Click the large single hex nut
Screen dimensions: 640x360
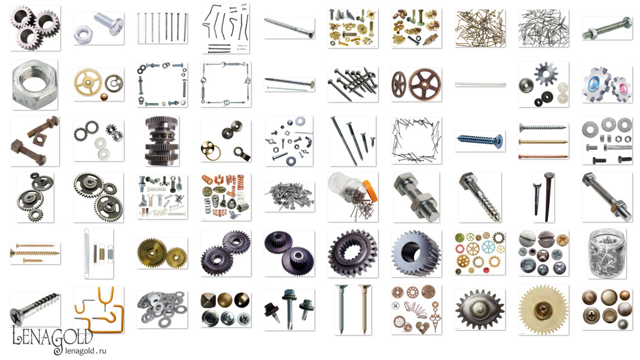pos(35,85)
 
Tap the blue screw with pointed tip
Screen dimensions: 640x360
pos(480,140)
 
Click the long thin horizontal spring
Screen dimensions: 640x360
pos(481,85)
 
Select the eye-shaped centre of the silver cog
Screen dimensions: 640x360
pos(480,309)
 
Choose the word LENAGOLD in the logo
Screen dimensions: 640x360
pos(52,338)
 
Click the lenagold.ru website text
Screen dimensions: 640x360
pos(85,351)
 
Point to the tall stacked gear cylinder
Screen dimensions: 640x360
pos(162,141)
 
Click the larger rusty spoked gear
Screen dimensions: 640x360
pos(425,85)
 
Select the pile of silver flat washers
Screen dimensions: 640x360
pos(162,309)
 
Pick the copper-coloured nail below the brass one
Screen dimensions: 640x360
pos(543,157)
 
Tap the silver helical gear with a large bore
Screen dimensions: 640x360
pos(416,254)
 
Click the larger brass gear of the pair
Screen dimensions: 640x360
pos(152,252)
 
